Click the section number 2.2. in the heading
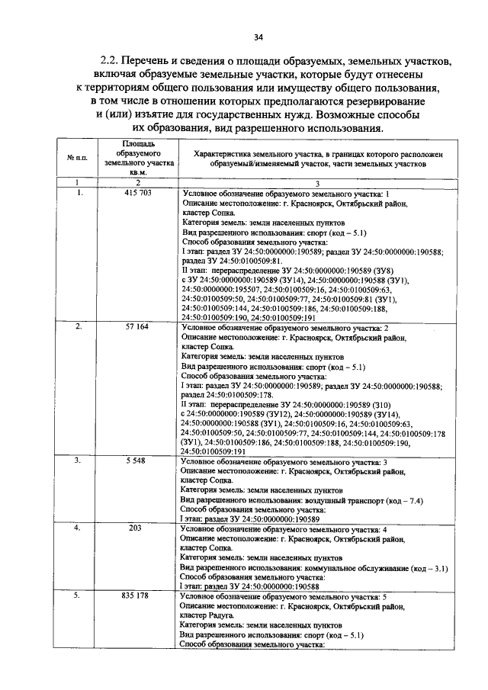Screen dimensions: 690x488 coord(114,59)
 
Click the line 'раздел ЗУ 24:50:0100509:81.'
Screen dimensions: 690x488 coord(225,261)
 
